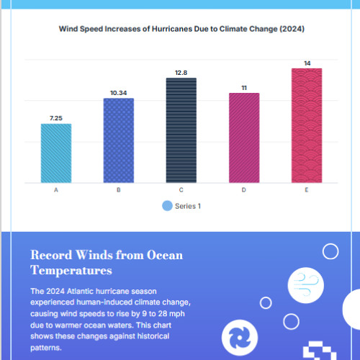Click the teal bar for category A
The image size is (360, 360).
56,153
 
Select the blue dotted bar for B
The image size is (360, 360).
119,140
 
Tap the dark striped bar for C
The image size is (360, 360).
181,130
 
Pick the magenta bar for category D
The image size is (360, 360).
244,138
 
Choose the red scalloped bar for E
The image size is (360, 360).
307,125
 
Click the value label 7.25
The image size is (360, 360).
56,118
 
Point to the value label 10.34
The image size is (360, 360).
119,93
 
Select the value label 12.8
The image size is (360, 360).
181,73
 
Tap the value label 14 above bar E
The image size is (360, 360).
307,63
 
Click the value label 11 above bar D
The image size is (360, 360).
244,88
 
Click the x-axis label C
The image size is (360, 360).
181,190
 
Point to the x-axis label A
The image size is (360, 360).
56,190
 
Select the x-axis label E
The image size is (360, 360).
307,190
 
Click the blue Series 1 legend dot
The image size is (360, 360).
167,206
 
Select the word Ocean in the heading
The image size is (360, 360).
165,255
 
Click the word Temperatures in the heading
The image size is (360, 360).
71,271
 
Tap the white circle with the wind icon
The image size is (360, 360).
306,285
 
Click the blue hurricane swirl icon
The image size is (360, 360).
240,338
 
